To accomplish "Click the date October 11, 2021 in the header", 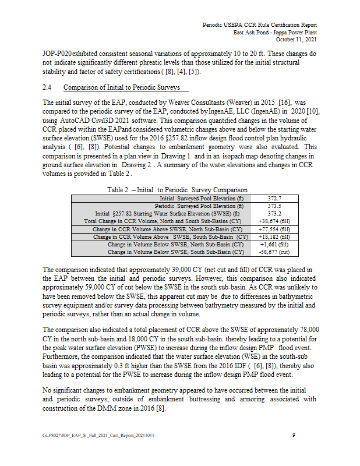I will (296, 40).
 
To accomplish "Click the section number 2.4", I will (48, 88).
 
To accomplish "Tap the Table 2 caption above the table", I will (177, 189).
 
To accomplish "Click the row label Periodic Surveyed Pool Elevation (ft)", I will (199, 206).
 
